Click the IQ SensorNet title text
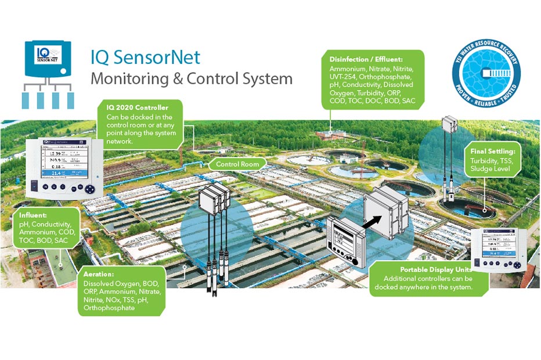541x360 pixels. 145,57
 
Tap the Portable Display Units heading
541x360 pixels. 435,269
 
